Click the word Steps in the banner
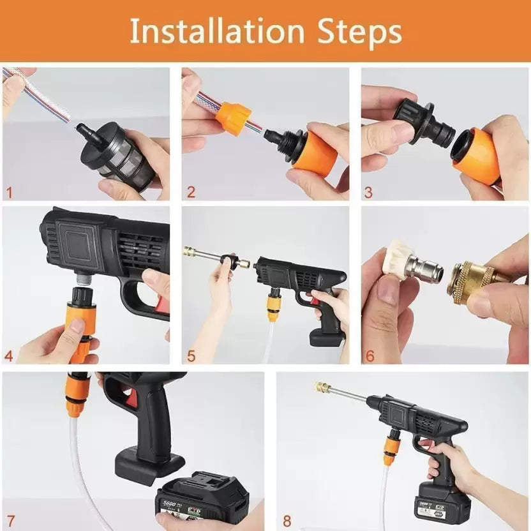pyautogui.click(x=358, y=31)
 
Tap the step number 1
pyautogui.click(x=8, y=191)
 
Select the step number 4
pyautogui.click(x=9, y=355)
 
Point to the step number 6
pyautogui.click(x=370, y=355)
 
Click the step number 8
pyautogui.click(x=287, y=521)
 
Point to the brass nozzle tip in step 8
pyautogui.click(x=322, y=387)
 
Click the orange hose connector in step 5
pyautogui.click(x=274, y=305)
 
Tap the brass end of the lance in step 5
pyautogui.click(x=190, y=251)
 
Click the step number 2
pyautogui.click(x=191, y=191)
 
